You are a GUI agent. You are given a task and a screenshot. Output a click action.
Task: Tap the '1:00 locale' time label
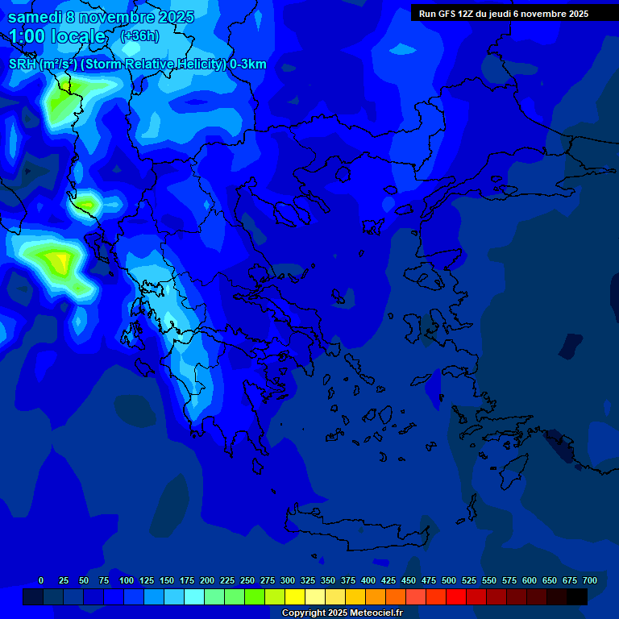pos(57,36)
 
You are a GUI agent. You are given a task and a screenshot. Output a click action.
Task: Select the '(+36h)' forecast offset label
pos(139,36)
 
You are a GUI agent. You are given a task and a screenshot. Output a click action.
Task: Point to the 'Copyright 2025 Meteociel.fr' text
pos(343,613)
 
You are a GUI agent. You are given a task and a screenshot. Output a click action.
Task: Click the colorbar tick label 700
pos(590,580)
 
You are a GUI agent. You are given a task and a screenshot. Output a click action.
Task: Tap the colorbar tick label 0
pos(41,580)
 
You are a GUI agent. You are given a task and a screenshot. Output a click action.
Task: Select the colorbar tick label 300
pos(288,580)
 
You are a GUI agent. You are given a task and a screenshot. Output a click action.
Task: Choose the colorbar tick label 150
pos(167,580)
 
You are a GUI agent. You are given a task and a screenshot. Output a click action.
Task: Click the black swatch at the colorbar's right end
pos(577,596)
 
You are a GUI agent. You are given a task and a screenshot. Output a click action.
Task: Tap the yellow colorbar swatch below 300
pos(295,596)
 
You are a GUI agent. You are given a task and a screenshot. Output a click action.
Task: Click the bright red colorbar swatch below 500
pos(456,596)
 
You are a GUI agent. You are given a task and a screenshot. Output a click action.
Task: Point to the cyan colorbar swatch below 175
pos(194,596)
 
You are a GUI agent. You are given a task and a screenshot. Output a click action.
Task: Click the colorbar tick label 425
pos(388,580)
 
